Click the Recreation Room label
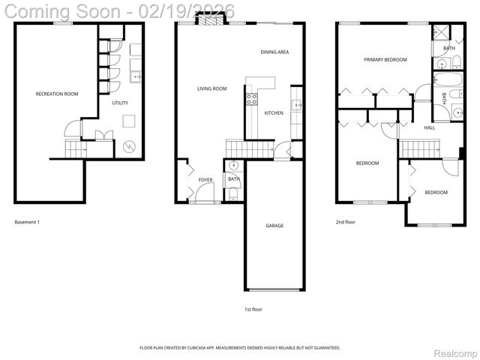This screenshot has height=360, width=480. [x=57, y=94]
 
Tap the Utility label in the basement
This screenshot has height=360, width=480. [x=120, y=103]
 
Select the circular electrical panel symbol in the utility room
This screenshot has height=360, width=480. [x=130, y=145]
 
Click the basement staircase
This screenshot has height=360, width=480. [x=75, y=149]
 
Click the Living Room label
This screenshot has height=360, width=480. [x=211, y=88]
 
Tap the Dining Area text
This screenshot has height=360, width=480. [x=274, y=52]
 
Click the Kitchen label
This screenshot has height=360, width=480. [x=274, y=112]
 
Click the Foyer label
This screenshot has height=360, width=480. [x=205, y=180]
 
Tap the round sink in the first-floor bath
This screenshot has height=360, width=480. [x=233, y=166]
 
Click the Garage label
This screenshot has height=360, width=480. [x=274, y=225]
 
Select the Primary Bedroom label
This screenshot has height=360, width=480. [x=385, y=59]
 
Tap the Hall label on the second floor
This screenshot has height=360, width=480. [x=429, y=127]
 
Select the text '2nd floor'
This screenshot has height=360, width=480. [x=346, y=222]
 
